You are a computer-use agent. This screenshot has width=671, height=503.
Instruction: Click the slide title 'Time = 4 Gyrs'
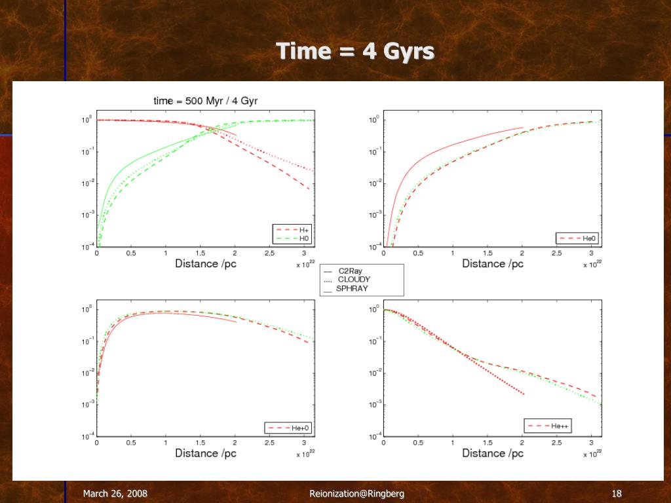(355, 51)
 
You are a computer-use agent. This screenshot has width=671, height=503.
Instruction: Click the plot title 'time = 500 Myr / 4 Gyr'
(205, 101)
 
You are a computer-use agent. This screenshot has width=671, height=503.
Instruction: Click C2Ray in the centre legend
(350, 271)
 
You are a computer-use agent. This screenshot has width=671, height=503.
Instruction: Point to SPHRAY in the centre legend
(352, 288)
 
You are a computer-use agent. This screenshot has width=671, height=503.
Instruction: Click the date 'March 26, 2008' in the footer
(115, 494)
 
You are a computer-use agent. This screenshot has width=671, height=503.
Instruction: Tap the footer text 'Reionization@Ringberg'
(356, 494)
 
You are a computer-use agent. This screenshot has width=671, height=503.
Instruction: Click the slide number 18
(616, 494)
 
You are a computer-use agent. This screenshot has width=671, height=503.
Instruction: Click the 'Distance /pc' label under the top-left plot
(205, 263)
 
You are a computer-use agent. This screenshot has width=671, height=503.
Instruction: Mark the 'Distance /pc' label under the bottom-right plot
(493, 453)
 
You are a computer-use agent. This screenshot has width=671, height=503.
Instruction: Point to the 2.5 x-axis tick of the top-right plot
(556, 253)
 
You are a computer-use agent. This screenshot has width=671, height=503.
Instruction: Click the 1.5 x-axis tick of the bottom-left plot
(201, 443)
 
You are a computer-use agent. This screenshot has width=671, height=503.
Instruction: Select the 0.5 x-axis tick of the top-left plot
(131, 253)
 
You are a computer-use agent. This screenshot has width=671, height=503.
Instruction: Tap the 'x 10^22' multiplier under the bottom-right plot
(592, 453)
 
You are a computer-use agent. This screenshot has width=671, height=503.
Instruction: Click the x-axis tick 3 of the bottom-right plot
(592, 443)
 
